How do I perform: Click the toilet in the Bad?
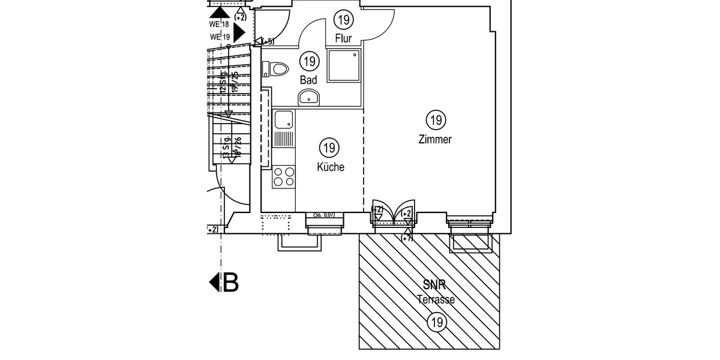278,69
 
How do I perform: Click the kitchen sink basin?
283,121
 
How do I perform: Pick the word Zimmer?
435,140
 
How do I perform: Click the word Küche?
331,167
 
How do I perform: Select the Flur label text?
343,38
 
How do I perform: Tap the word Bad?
308,80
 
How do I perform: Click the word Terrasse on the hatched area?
436,299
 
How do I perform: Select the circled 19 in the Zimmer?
436,120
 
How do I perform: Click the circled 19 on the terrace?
436,323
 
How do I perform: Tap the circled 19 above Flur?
344,20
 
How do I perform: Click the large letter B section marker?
230,282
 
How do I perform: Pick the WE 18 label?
219,25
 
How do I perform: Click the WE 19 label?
219,37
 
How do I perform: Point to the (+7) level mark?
407,238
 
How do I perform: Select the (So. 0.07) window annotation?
324,215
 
